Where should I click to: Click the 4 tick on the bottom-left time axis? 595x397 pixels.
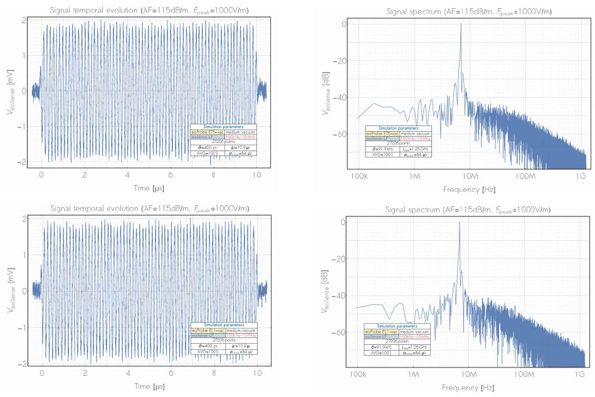[127, 374]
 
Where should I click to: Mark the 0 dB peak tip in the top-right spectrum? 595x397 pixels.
[461, 24]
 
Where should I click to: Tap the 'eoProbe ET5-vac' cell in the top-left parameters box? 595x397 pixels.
[206, 132]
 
